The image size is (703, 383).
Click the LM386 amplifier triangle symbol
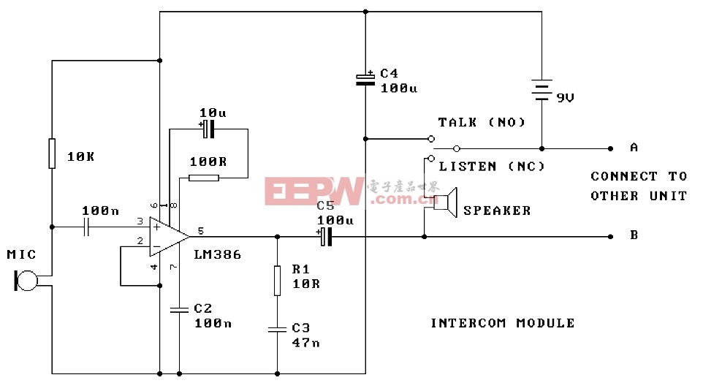coord(168,236)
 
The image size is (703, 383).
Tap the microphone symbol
coord(26,281)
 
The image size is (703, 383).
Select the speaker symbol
coord(446,202)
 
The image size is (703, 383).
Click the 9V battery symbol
coord(541,90)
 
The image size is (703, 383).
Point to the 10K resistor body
coord(52,153)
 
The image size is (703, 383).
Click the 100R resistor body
coord(204,178)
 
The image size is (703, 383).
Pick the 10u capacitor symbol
coord(208,129)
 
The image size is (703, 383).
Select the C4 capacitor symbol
coord(365,79)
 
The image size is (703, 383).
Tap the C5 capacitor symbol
coord(326,237)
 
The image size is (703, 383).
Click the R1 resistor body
coord(277,280)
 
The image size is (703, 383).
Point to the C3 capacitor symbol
coord(277,330)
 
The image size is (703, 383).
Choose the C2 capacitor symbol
coord(179,309)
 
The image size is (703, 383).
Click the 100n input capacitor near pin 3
coord(87,227)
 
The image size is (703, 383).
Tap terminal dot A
coord(610,148)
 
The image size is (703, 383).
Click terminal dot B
coord(610,236)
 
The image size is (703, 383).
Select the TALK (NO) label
coord(482,123)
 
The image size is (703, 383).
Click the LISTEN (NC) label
coord(492,167)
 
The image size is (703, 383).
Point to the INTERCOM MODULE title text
coord(503,323)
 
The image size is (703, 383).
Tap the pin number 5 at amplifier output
coord(200,230)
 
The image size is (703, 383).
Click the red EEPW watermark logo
coord(313,191)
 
